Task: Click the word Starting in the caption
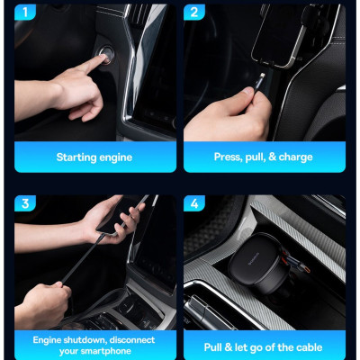76,157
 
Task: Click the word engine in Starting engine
115,157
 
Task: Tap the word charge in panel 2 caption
295,157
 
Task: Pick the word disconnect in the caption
132,340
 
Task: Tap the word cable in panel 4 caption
304,346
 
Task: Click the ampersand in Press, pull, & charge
271,157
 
